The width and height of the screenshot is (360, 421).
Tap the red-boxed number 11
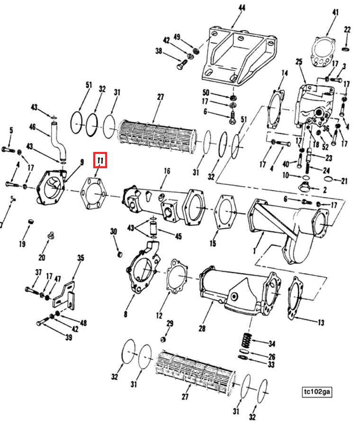[100, 161]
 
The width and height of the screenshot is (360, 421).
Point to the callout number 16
[167, 170]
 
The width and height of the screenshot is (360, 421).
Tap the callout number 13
[321, 323]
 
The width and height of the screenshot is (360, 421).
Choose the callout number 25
[298, 62]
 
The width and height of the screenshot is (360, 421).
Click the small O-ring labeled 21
[330, 180]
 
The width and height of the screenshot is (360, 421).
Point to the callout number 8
[126, 314]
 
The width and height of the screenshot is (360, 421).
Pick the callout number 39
[69, 337]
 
